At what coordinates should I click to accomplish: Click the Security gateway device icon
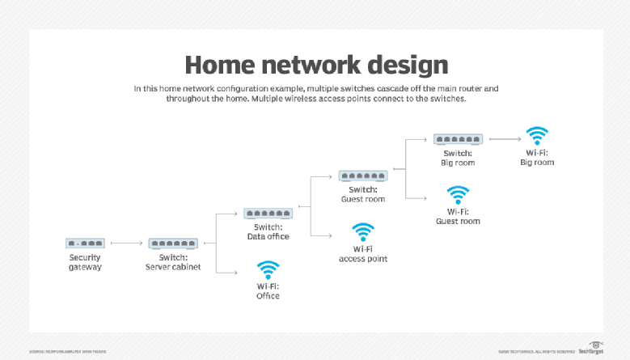[x=85, y=243]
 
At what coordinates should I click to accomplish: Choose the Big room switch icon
[x=458, y=139]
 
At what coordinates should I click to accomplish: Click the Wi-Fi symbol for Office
[x=268, y=270]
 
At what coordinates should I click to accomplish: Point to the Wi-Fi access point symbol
[x=363, y=232]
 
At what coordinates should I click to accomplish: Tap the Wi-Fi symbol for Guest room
[x=459, y=196]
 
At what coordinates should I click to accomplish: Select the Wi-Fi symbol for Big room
[x=537, y=135]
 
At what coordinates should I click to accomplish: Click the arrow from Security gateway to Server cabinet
[x=126, y=243]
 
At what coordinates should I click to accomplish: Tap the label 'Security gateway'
[x=85, y=262]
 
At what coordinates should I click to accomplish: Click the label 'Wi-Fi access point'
[x=363, y=254]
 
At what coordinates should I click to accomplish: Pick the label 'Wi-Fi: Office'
[x=268, y=291]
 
